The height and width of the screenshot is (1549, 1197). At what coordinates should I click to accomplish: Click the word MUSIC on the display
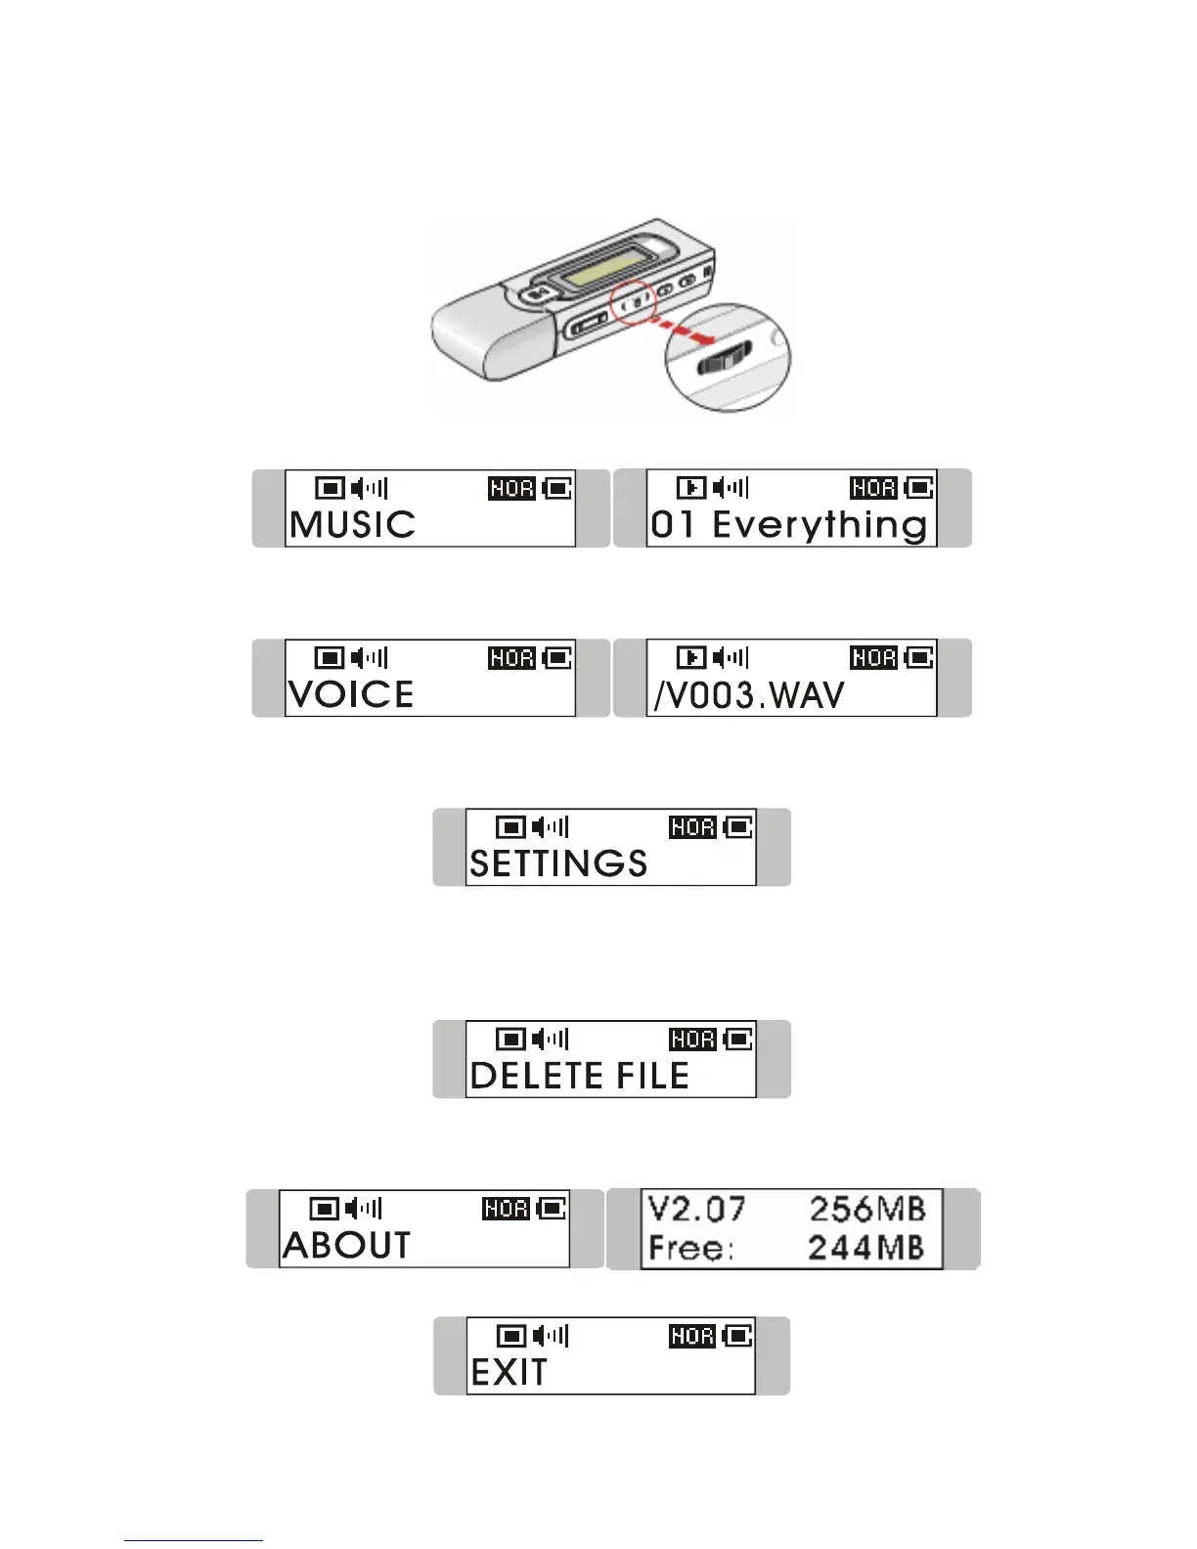tap(353, 524)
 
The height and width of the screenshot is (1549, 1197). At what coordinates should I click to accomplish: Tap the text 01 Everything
tap(788, 525)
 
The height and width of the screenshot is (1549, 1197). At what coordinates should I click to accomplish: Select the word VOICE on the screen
tap(351, 694)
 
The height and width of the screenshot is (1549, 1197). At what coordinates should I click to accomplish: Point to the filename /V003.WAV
tap(748, 695)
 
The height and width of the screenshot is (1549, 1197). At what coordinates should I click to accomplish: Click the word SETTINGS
tap(558, 863)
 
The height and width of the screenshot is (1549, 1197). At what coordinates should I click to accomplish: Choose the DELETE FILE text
tap(580, 1076)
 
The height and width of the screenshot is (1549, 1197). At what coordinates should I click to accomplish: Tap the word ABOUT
tap(347, 1245)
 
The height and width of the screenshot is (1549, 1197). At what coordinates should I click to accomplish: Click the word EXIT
tap(509, 1373)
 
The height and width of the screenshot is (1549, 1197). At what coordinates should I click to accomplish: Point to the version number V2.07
tap(696, 1210)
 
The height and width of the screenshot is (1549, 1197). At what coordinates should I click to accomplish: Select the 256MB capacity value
tap(866, 1210)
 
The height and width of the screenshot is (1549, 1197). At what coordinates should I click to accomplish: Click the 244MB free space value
tap(866, 1248)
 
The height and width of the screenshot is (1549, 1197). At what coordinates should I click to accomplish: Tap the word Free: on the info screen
tap(690, 1249)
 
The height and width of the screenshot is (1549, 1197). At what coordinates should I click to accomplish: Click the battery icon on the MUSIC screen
tap(557, 488)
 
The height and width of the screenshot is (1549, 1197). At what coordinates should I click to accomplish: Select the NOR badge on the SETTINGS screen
tap(692, 827)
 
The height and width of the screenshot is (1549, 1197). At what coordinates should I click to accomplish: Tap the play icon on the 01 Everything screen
tap(691, 488)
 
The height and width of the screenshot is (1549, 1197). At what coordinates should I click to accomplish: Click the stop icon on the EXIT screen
tap(511, 1336)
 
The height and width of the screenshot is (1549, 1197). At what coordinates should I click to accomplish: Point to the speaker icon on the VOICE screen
tap(370, 657)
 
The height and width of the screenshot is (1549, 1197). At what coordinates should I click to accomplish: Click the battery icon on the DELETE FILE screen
tap(738, 1039)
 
